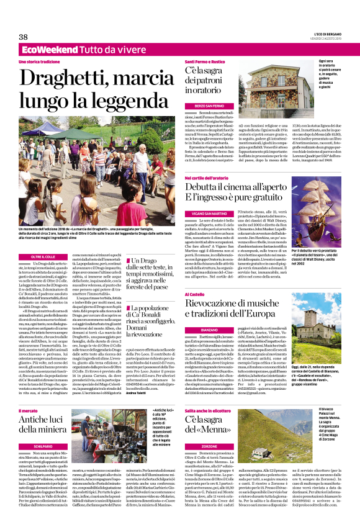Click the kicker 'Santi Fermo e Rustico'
[204, 61]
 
